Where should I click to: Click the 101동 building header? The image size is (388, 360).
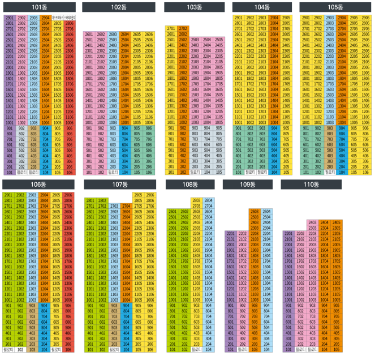tap(39, 7)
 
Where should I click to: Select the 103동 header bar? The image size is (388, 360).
tap(193, 7)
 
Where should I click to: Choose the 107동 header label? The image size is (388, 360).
tap(119, 185)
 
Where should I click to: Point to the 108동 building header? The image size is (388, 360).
tap(190, 185)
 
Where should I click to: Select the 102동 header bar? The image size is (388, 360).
tap(118, 7)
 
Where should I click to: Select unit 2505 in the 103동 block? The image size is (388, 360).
tap(218, 40)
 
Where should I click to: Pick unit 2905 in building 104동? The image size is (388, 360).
tap(286, 18)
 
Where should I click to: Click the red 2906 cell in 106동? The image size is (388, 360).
tap(68, 195)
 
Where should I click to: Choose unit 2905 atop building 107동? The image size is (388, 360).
tap(137, 195)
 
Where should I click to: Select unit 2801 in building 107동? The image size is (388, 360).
tap(89, 200)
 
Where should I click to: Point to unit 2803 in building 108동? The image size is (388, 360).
tap(196, 200)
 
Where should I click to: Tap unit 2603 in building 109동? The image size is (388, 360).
tap(255, 211)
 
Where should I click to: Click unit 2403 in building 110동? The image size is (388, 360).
tap(313, 222)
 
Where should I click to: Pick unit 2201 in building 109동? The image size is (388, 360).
tap(231, 233)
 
